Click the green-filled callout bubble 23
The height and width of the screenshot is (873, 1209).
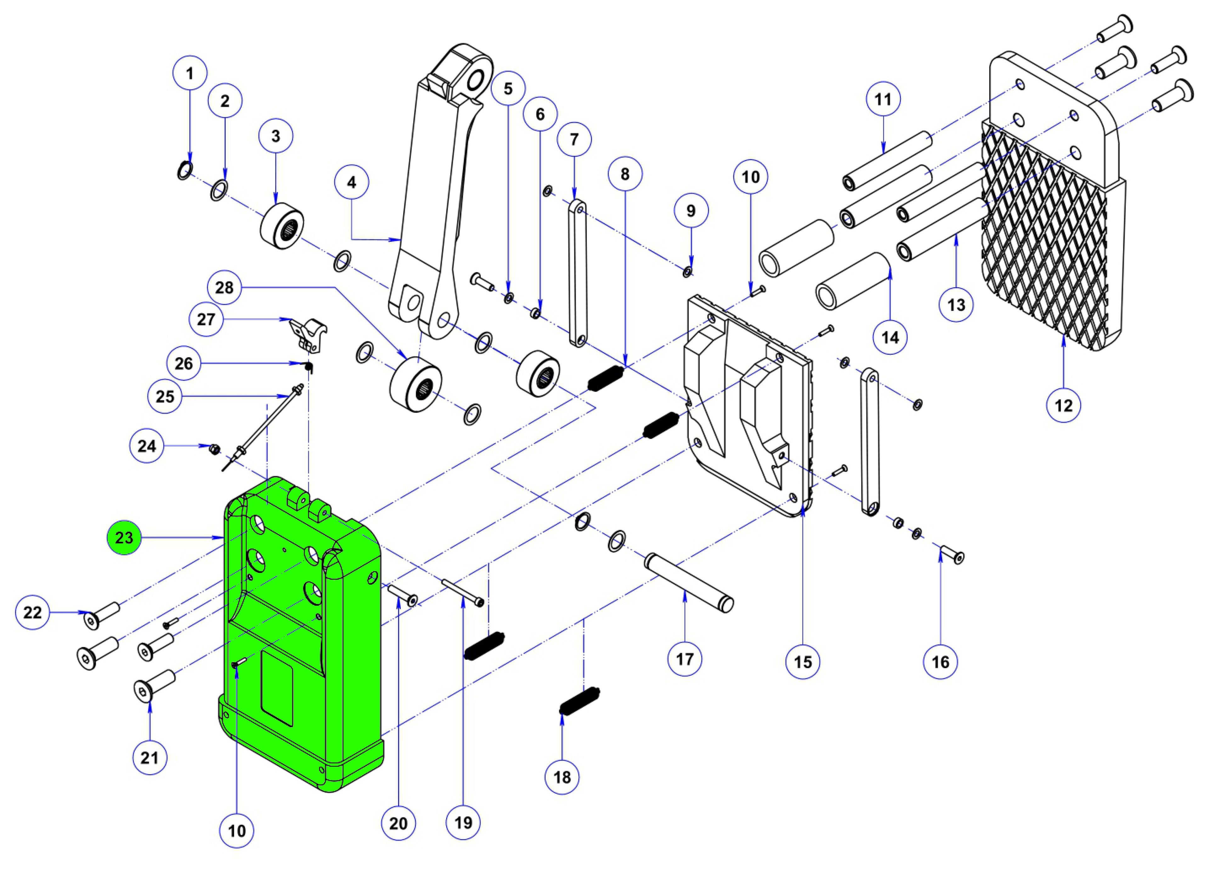pos(124,538)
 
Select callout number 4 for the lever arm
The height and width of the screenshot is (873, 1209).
pos(351,182)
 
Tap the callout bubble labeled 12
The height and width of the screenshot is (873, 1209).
pos(1064,405)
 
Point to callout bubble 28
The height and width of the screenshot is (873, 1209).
pos(224,288)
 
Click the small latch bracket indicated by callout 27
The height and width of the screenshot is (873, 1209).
pos(309,334)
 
